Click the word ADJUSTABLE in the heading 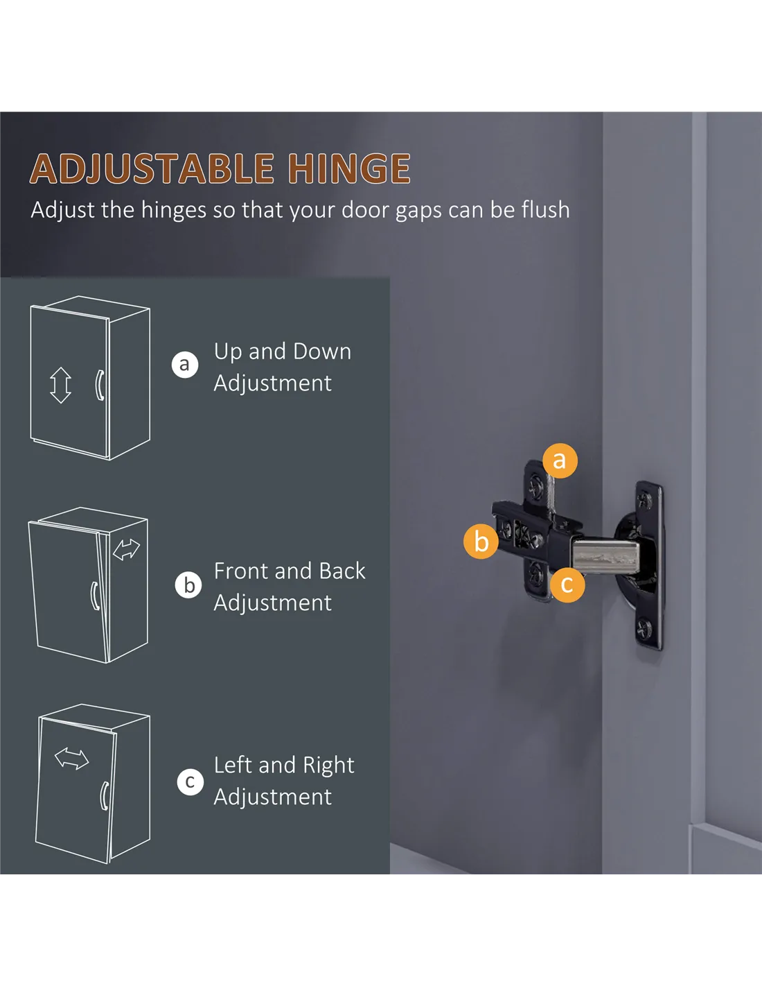point(152,168)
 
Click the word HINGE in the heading point(350,168)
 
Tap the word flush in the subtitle point(545,209)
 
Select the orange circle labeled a point(560,460)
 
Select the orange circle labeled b point(481,542)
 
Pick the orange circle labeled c point(567,585)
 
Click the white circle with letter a point(185,364)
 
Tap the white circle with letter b point(188,585)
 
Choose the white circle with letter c point(190,782)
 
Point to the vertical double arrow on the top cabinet point(60,386)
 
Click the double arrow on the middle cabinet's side point(126,549)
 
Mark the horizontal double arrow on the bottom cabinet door point(71,759)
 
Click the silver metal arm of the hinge point(605,555)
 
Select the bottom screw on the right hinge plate point(645,629)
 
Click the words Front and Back point(289,571)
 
